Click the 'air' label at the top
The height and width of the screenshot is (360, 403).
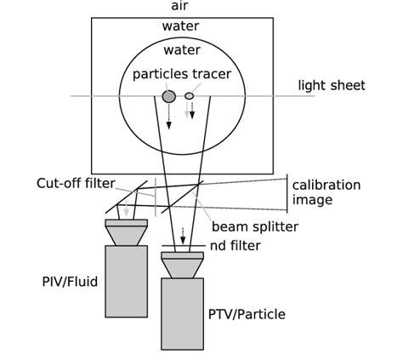[x=180, y=7]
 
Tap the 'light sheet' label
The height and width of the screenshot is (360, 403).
[x=331, y=85]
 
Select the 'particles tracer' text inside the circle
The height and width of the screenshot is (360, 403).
[x=182, y=74]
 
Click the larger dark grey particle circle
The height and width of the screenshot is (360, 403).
[x=169, y=96]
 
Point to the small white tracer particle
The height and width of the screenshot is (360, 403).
[x=190, y=96]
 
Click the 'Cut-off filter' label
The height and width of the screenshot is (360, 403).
[x=76, y=183]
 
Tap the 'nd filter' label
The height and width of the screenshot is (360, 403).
[x=235, y=247]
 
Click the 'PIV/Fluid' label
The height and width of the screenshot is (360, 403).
[x=73, y=281]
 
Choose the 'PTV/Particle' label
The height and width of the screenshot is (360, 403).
[x=247, y=315]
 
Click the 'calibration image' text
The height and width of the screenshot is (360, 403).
[x=326, y=192]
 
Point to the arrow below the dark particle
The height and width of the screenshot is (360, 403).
[x=169, y=118]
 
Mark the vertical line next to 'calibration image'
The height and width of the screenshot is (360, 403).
[x=287, y=193]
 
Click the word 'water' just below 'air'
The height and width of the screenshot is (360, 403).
[x=180, y=26]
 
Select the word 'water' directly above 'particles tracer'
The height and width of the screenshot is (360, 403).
[x=182, y=50]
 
